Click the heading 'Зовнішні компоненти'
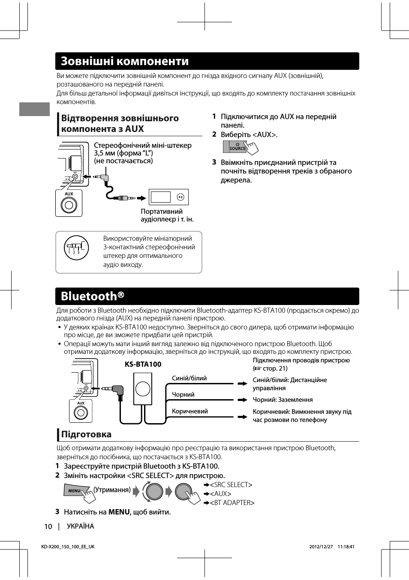tap(125, 61)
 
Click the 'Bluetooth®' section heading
tap(93, 296)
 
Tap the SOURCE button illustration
tap(235, 147)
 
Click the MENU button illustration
tap(75, 490)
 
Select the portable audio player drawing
tap(168, 197)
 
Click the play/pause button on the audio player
tap(180, 197)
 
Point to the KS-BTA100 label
tap(143, 364)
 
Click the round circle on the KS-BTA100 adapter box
tap(143, 389)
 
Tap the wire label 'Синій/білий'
tap(189, 378)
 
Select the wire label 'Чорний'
tap(183, 395)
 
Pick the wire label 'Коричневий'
tap(189, 411)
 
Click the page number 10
tap(48, 526)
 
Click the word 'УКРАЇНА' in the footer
tap(80, 526)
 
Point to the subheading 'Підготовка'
tap(86, 434)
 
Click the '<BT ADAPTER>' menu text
tap(232, 503)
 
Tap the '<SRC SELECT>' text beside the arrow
tap(231, 485)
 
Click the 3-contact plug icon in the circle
tap(76, 248)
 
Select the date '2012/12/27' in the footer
tap(321, 547)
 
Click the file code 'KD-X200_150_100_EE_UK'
tap(68, 547)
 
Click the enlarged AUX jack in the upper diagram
tap(69, 205)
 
